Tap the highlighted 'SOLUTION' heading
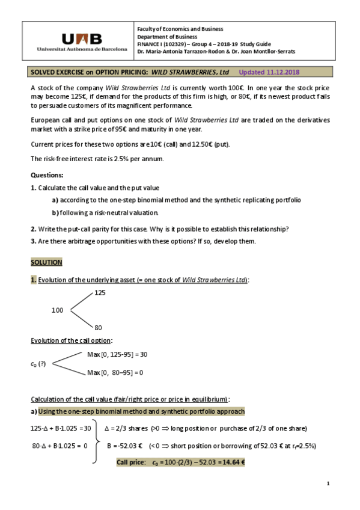(46, 263)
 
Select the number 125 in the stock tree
(100, 292)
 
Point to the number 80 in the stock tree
(98, 328)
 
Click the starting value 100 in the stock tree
(57, 310)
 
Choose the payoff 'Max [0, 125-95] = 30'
(117, 354)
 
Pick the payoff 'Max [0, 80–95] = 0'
(115, 372)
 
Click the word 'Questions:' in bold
(46, 175)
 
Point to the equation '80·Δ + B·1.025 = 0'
(59, 446)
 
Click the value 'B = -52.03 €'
(124, 446)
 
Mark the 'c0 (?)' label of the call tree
(38, 364)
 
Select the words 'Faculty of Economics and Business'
(180, 29)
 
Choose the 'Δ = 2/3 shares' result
(126, 428)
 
